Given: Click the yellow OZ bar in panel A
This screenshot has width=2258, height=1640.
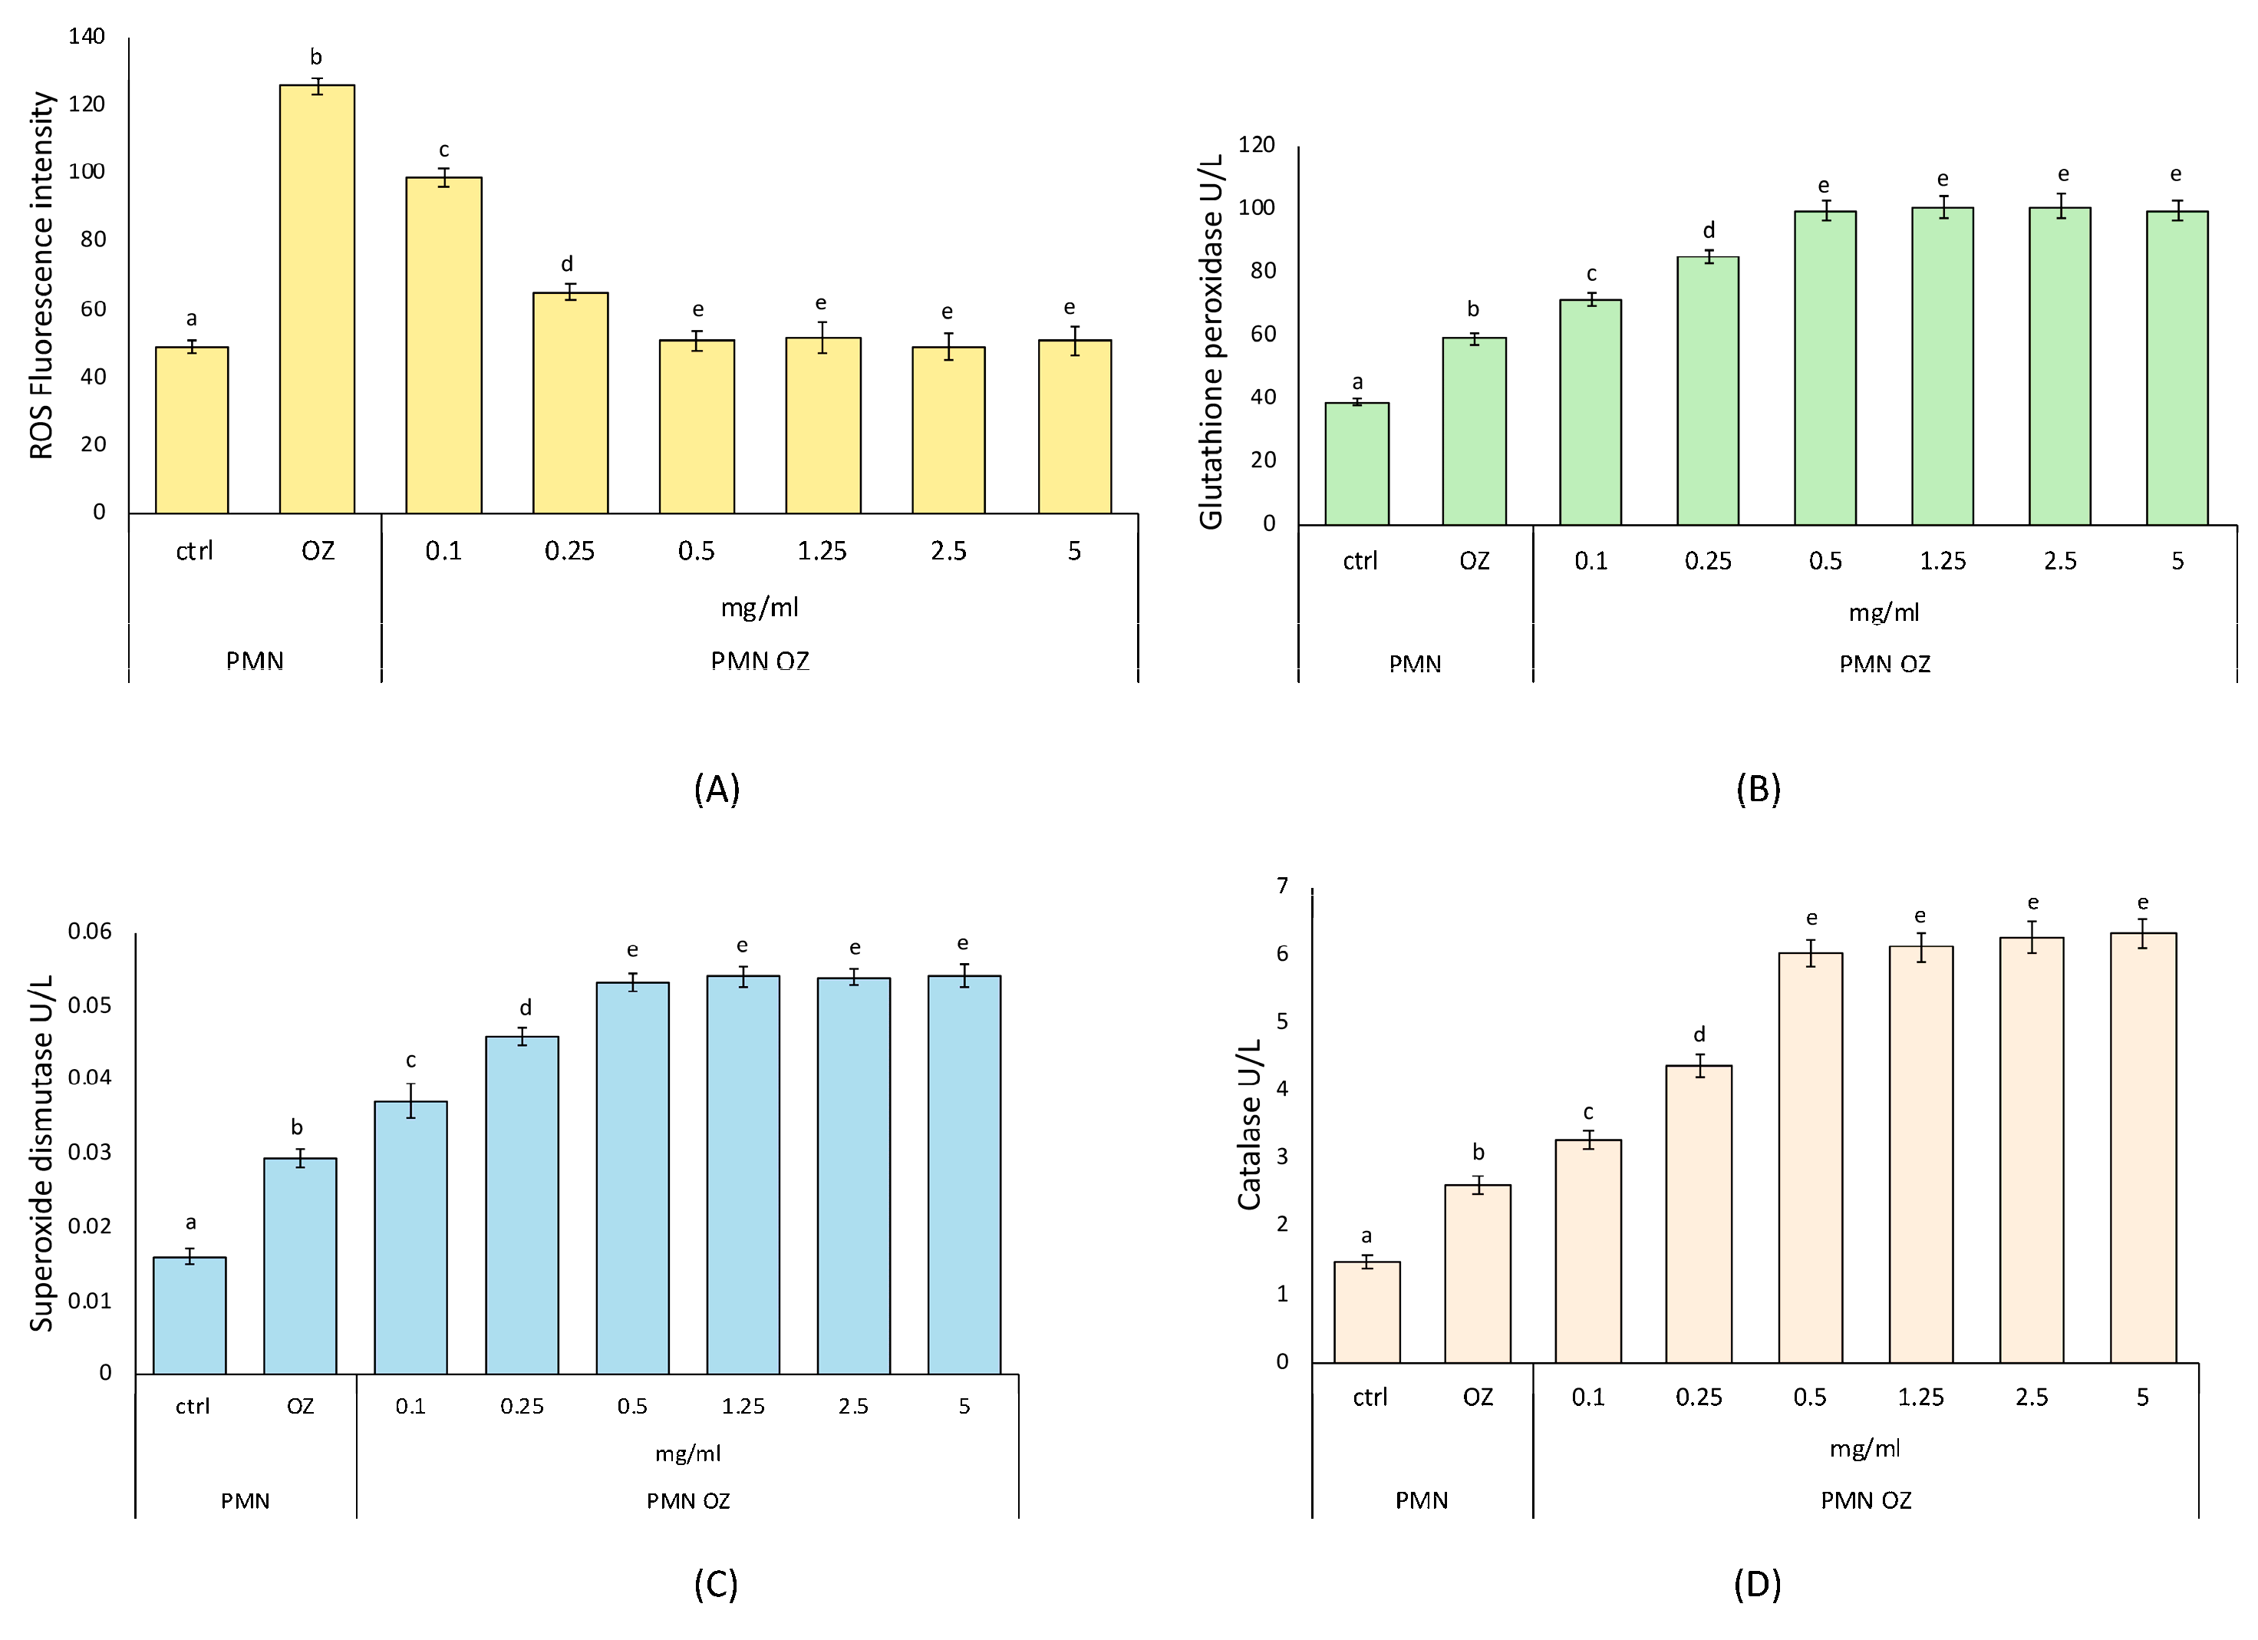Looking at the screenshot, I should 317,299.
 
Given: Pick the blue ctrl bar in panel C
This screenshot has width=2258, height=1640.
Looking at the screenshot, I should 190,1315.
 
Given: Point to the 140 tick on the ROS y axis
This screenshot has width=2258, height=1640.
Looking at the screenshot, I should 87,37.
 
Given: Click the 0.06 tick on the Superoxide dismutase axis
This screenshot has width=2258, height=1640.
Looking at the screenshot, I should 90,931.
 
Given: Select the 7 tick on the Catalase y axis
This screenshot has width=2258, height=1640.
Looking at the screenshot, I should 1282,885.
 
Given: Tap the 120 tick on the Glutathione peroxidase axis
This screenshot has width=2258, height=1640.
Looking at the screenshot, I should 1257,144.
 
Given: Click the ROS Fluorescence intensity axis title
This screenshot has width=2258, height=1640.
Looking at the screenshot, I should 41,275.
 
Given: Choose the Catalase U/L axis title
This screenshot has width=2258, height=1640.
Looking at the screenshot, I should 1250,1125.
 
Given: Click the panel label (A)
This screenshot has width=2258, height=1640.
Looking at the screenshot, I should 716,789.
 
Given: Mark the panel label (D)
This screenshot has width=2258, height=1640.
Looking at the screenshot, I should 1757,1584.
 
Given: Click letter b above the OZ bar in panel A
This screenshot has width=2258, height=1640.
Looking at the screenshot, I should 315,58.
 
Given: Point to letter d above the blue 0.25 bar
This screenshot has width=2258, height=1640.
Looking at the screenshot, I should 525,1008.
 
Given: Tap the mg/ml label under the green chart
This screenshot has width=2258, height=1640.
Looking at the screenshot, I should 1884,612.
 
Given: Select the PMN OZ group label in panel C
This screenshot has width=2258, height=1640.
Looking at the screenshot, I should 688,1500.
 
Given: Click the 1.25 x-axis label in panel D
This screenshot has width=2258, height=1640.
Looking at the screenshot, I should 1920,1397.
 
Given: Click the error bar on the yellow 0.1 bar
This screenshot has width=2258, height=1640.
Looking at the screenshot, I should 444,177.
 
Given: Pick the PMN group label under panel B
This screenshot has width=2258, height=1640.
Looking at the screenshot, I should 1415,663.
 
